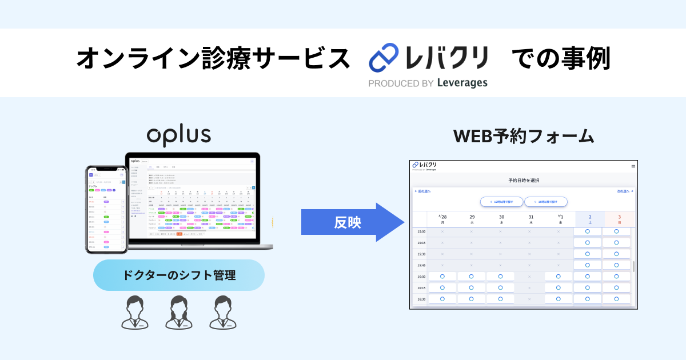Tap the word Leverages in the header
pos(462,83)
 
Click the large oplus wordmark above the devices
pos(178,135)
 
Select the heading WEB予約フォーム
pos(524,137)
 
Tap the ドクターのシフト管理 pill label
pos(179,275)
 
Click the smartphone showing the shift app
pos(106,209)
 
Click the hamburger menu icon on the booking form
pos(633,166)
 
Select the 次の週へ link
pos(625,191)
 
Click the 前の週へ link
pos(423,191)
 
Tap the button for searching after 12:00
pos(501,202)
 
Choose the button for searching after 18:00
pos(545,202)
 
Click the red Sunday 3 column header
pos(619,219)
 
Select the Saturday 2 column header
pos(590,219)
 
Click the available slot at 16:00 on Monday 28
pos(442,277)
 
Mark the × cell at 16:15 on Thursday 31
pos(529,287)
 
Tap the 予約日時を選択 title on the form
pos(523,181)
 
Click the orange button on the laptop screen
pos(179,234)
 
